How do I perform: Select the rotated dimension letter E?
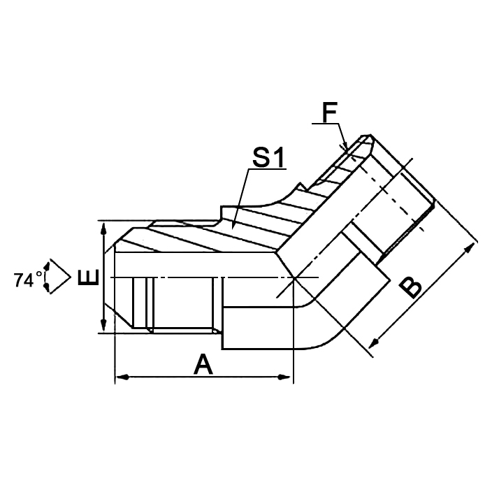pyautogui.click(x=88, y=279)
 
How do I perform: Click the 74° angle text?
pyautogui.click(x=28, y=280)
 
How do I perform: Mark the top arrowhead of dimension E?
pyautogui.click(x=103, y=228)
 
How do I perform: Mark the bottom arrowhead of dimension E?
pyautogui.click(x=103, y=326)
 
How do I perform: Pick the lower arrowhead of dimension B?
pyautogui.click(x=372, y=345)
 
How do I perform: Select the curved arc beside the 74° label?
pyautogui.click(x=47, y=277)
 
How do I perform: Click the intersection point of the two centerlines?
pyautogui.click(x=295, y=278)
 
